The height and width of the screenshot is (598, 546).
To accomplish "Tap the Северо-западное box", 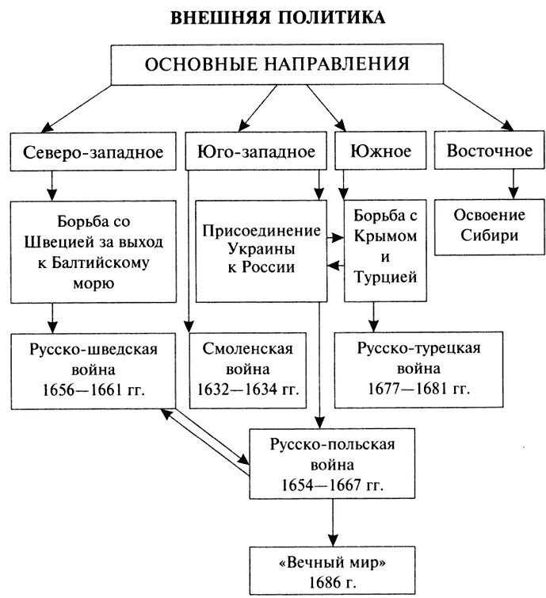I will [x=94, y=151].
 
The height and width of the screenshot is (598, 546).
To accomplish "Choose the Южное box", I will [x=380, y=151].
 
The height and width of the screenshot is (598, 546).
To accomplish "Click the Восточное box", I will [x=489, y=151].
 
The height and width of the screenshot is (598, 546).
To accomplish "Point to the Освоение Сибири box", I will [x=489, y=226].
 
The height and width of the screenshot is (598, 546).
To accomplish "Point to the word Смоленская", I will [x=248, y=350].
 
